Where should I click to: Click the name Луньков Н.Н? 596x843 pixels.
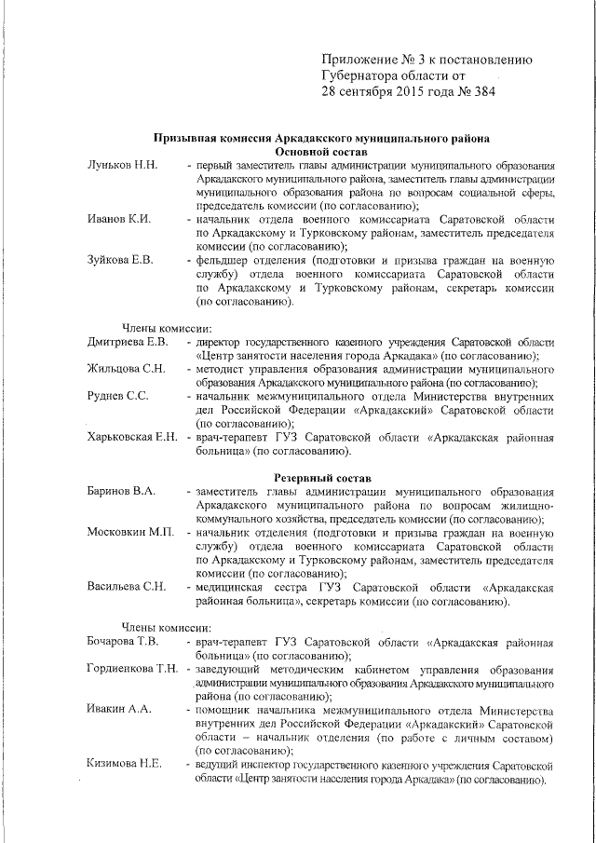[x=122, y=165]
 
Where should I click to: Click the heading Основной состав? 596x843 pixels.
[x=321, y=151]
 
